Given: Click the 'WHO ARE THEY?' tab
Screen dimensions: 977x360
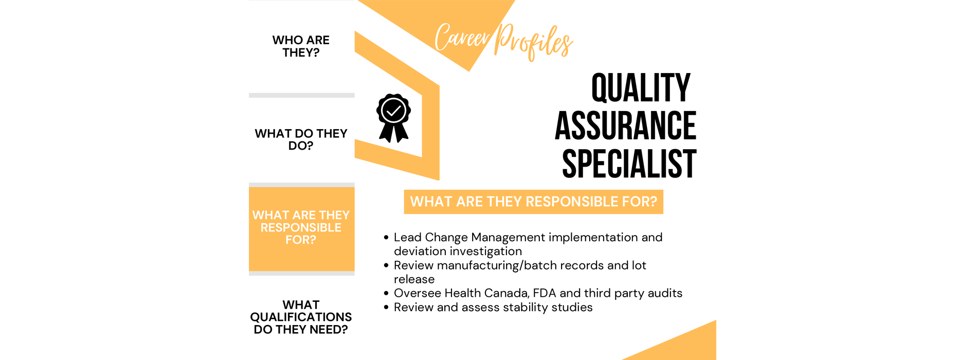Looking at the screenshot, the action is [301, 46].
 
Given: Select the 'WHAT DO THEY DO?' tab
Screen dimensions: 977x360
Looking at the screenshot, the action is [301, 139].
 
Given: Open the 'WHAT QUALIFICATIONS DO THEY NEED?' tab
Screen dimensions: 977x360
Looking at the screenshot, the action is [301, 317].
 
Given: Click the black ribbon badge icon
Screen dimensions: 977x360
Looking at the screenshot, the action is [393, 118].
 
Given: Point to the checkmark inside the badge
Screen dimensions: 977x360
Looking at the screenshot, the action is [394, 110].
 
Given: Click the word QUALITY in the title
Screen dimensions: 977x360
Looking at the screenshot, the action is [641, 88].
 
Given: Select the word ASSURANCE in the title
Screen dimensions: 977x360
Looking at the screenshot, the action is [625, 126].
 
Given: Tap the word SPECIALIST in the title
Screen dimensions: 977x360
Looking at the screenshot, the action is [629, 164].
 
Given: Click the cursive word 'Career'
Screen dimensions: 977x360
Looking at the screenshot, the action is [462, 38].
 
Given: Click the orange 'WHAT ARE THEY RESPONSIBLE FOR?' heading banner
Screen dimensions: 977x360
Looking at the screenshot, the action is [533, 202].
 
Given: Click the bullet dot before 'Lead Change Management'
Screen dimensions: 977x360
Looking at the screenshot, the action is [386, 238].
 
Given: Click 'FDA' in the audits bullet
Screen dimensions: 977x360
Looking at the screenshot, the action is [545, 293].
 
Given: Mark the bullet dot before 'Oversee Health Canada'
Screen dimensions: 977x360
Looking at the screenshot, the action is [386, 294].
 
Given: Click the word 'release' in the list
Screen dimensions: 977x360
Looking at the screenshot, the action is [414, 279].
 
